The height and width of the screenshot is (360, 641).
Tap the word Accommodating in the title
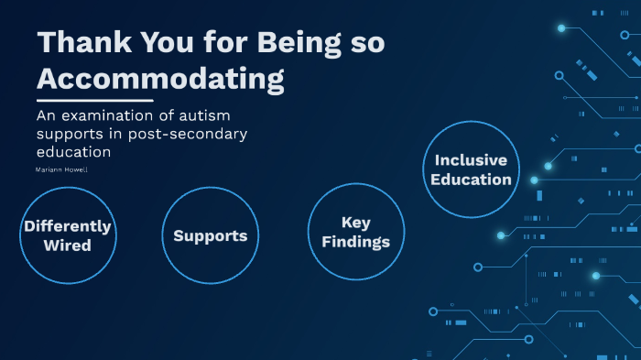point(160,79)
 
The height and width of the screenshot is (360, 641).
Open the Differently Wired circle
point(67,235)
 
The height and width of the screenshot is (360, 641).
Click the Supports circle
point(210,235)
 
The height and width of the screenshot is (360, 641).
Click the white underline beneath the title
point(94,100)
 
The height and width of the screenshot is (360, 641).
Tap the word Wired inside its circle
point(67,245)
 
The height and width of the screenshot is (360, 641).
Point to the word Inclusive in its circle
point(471,160)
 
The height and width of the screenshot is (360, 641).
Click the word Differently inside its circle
point(67,226)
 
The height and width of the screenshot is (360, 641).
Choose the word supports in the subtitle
point(70,135)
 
